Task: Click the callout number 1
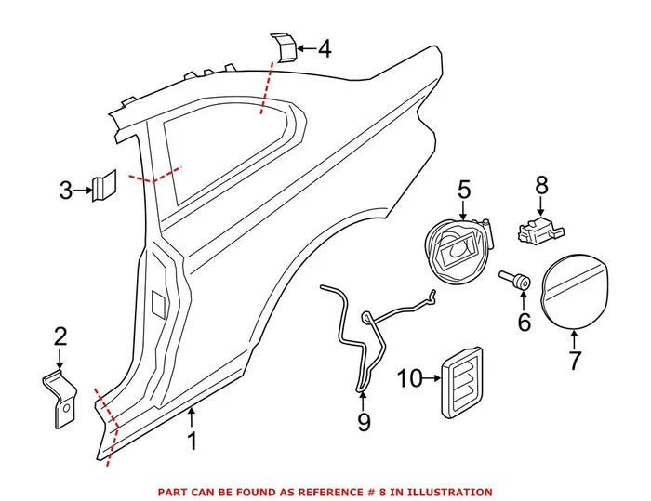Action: [193, 440]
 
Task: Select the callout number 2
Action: [60, 336]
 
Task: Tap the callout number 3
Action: [65, 191]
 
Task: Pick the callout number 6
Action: [524, 323]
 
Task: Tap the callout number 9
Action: [364, 423]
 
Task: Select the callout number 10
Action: [410, 377]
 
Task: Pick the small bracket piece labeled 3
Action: [104, 186]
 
